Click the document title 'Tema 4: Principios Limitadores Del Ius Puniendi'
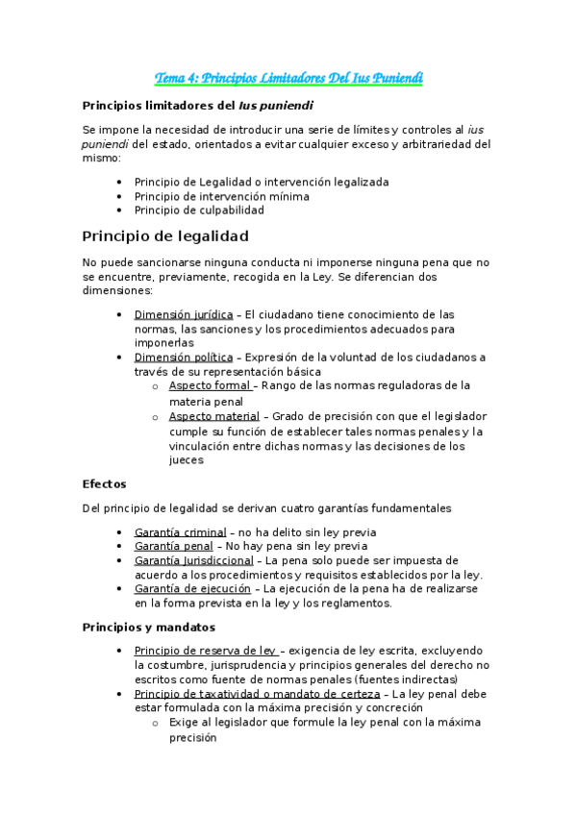coord(289,78)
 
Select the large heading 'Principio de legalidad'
coord(165,235)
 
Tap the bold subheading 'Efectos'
coord(104,484)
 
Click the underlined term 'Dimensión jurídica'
coord(183,314)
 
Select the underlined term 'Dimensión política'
coord(182,358)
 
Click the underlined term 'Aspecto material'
coord(214,416)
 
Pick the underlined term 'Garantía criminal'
coord(180,531)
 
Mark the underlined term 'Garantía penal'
coord(173,546)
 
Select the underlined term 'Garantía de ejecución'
coord(192,588)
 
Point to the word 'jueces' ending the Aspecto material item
coord(187,460)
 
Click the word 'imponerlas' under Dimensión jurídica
coord(163,342)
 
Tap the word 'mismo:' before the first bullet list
coord(102,160)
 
